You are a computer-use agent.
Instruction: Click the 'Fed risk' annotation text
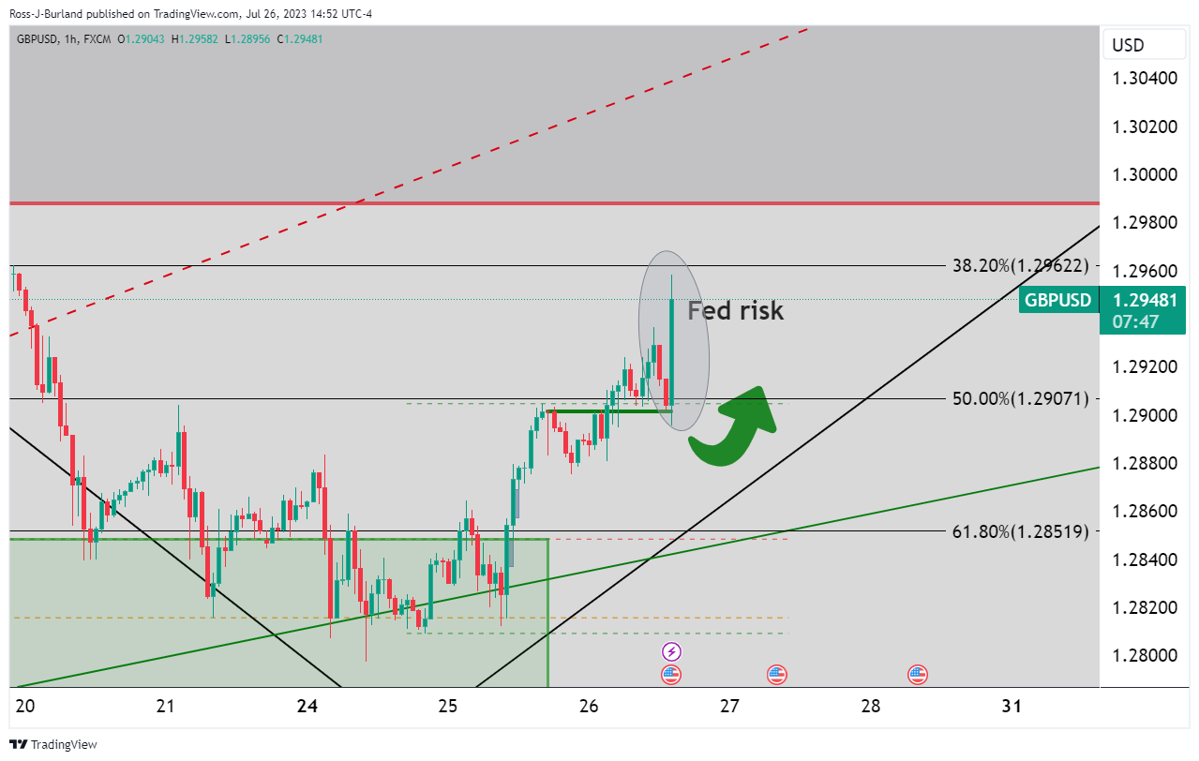pyautogui.click(x=735, y=310)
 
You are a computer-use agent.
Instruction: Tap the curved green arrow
pyautogui.click(x=736, y=430)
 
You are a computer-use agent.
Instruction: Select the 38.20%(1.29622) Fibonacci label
pyautogui.click(x=1021, y=266)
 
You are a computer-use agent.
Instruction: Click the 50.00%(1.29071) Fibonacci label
pyautogui.click(x=1021, y=399)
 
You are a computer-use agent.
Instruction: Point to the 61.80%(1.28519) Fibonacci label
pyautogui.click(x=1021, y=531)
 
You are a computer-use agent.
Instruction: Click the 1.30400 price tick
pyautogui.click(x=1145, y=78)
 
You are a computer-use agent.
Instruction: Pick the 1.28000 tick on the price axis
pyautogui.click(x=1145, y=655)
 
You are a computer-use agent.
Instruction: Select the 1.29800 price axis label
pyautogui.click(x=1145, y=222)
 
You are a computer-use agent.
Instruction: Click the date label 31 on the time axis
pyautogui.click(x=1012, y=705)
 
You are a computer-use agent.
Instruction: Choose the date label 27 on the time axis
pyautogui.click(x=729, y=705)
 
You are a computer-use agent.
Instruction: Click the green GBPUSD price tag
pyautogui.click(x=1057, y=300)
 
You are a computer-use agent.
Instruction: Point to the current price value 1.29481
pyautogui.click(x=1145, y=301)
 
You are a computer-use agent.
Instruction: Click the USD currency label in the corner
pyautogui.click(x=1128, y=45)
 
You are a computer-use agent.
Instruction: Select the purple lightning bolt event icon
pyautogui.click(x=671, y=651)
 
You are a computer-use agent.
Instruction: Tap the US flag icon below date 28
pyautogui.click(x=917, y=674)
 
